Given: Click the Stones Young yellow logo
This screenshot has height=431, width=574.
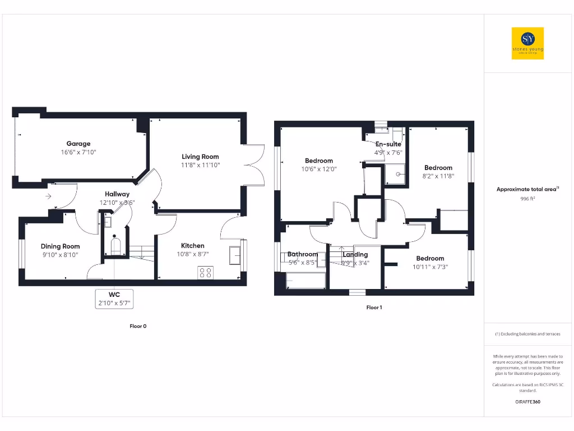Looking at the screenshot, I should [527, 43].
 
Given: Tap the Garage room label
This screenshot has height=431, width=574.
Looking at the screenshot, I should [78, 144].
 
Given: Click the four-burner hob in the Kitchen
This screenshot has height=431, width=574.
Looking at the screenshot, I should [205, 273].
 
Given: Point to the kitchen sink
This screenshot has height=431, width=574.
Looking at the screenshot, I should [235, 256].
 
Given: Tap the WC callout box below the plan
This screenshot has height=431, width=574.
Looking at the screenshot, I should [114, 299].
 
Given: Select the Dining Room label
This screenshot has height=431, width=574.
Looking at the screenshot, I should [60, 246].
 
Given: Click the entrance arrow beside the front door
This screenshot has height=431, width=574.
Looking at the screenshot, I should [49, 196].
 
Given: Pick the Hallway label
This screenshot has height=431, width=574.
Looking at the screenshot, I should [117, 194].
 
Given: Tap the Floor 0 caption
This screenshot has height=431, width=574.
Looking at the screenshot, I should [137, 326].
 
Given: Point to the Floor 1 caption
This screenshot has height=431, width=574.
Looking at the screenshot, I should [374, 308].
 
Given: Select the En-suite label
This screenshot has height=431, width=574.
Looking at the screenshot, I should [388, 144].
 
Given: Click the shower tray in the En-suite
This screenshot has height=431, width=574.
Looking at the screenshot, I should [395, 175].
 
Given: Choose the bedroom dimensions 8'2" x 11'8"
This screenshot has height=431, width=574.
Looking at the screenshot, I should [438, 176].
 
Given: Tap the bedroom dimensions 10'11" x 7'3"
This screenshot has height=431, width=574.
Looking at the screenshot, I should [430, 267].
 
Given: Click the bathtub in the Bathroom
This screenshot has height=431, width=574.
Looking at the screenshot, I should [305, 281].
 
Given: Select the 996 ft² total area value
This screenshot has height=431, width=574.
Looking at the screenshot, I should [527, 199].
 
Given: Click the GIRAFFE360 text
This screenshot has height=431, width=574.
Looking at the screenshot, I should [527, 402].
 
